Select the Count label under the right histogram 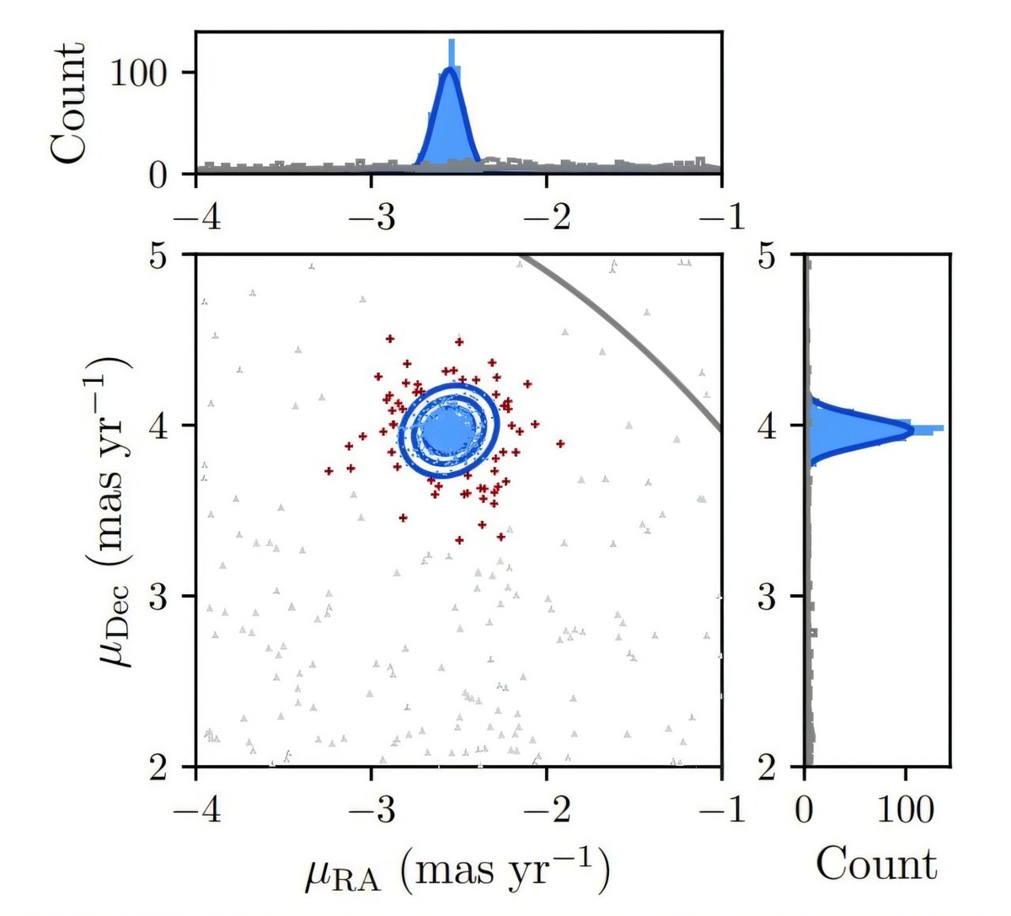click(876, 864)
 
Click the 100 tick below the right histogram click(905, 810)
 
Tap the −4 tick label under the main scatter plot click(195, 810)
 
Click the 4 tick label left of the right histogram click(767, 426)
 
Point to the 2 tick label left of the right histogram click(767, 766)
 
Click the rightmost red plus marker click(560, 443)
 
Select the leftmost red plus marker click(329, 471)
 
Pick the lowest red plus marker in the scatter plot click(459, 539)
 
